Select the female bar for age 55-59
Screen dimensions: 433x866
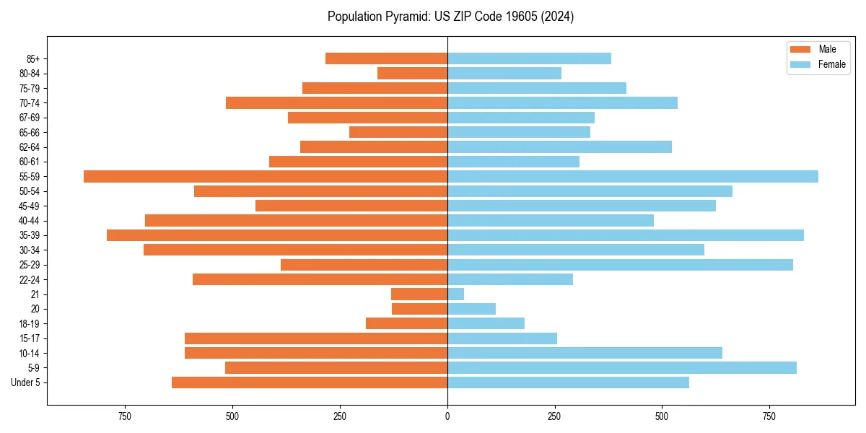click(633, 176)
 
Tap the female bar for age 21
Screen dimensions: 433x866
click(455, 294)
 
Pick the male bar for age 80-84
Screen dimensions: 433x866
click(412, 73)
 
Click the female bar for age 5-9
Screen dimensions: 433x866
click(622, 367)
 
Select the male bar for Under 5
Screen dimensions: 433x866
click(310, 382)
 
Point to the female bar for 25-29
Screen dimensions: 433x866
click(620, 265)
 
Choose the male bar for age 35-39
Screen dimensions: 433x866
click(277, 235)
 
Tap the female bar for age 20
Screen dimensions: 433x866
click(471, 309)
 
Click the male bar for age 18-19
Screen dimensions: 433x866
click(406, 323)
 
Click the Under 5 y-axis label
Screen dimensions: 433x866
click(26, 382)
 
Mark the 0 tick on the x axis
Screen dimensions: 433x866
click(447, 416)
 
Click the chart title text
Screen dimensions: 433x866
click(450, 17)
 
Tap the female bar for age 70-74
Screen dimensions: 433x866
click(562, 102)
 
